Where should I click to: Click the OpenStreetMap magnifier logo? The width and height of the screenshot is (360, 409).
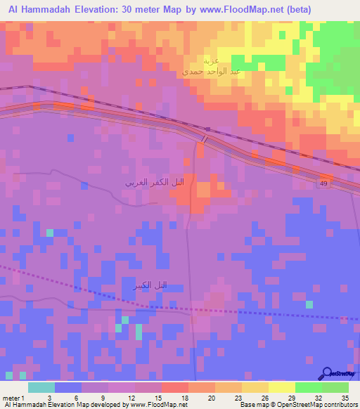(x=326, y=373)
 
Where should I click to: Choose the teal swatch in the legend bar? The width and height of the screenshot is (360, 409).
(x=41, y=387)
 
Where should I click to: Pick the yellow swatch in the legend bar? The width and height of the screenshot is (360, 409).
(x=282, y=387)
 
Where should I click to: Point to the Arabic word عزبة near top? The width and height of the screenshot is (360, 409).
(x=210, y=60)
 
